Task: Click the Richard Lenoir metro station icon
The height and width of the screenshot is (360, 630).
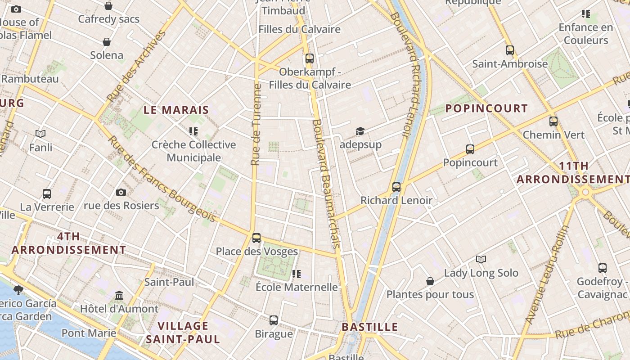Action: pyautogui.click(x=396, y=187)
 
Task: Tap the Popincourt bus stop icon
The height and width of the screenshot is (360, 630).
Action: pyautogui.click(x=470, y=149)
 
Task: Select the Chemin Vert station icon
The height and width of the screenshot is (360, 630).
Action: pyautogui.click(x=553, y=121)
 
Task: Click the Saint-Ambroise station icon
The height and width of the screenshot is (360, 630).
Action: pyautogui.click(x=509, y=50)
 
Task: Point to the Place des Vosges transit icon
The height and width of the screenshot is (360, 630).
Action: pyautogui.click(x=256, y=238)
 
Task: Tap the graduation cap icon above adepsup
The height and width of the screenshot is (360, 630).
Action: pyautogui.click(x=360, y=131)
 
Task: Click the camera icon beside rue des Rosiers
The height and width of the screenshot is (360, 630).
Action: pyautogui.click(x=121, y=192)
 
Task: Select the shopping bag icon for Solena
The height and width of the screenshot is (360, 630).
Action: pyautogui.click(x=107, y=42)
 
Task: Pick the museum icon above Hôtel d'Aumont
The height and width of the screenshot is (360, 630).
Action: pyautogui.click(x=119, y=295)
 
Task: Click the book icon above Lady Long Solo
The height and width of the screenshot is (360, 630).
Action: pyautogui.click(x=481, y=259)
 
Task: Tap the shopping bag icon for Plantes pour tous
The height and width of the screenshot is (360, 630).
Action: pyautogui.click(x=430, y=281)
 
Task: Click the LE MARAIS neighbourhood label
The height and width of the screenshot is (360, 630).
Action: pyautogui.click(x=176, y=110)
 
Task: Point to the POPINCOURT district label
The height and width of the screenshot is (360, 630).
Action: pyautogui.click(x=486, y=108)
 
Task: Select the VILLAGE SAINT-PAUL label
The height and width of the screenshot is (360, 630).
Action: pyautogui.click(x=183, y=332)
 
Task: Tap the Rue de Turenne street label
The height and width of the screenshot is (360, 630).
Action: pyautogui.click(x=256, y=124)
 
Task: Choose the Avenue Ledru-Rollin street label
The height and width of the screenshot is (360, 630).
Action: pyautogui.click(x=546, y=275)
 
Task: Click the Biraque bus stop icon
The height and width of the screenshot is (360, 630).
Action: pyautogui.click(x=274, y=320)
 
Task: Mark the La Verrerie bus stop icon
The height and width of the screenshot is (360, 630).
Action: pyautogui.click(x=47, y=193)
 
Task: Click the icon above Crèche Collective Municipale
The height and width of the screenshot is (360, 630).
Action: pyautogui.click(x=193, y=131)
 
